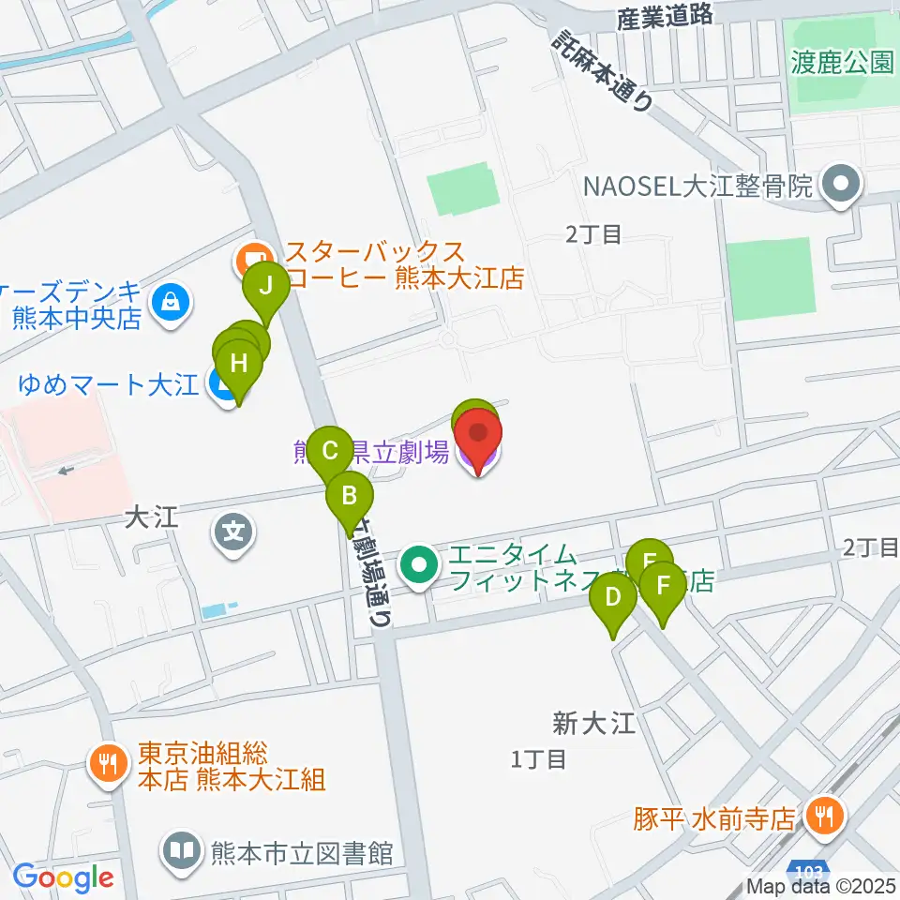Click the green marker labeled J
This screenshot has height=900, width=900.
(x=267, y=284)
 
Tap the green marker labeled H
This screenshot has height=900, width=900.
(x=239, y=363)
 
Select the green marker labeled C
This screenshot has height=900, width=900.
(x=330, y=450)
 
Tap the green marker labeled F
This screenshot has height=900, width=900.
(x=664, y=586)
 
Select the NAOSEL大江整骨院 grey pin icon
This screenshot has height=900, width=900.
(x=840, y=186)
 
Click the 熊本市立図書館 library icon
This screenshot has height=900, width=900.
(x=181, y=851)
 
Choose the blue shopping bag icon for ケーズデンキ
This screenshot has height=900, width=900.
(x=172, y=303)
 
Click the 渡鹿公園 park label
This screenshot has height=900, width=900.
(x=842, y=63)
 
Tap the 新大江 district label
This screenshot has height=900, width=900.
(x=593, y=723)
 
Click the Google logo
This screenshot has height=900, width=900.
(x=64, y=877)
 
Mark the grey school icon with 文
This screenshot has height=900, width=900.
(x=233, y=534)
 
